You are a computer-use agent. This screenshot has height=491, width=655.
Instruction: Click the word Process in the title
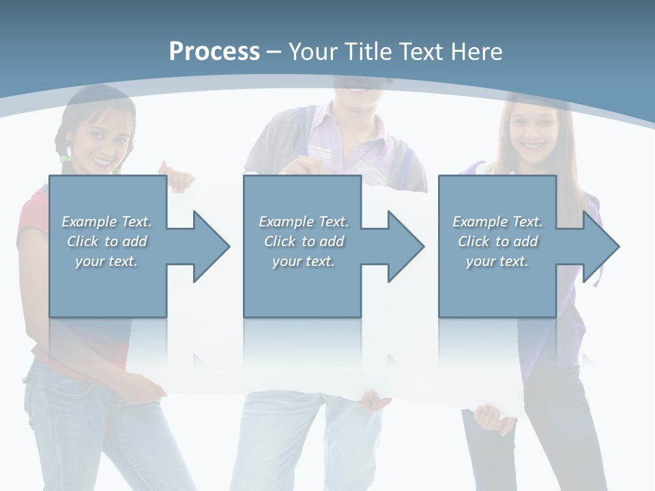[x=214, y=51]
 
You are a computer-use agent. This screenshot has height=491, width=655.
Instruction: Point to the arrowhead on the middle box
[x=404, y=246]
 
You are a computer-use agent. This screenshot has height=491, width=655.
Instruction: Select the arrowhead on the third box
[x=599, y=246]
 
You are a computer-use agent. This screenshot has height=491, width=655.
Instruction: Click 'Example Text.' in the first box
[x=106, y=222]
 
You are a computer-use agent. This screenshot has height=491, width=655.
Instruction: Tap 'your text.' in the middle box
[x=303, y=261]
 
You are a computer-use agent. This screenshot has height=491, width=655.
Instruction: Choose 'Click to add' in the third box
[x=497, y=241]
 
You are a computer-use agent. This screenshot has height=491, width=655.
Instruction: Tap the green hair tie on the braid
[x=64, y=158]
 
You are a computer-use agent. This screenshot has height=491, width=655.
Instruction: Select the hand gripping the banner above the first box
[x=179, y=177]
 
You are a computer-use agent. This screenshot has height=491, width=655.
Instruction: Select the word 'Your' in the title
[x=311, y=51]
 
